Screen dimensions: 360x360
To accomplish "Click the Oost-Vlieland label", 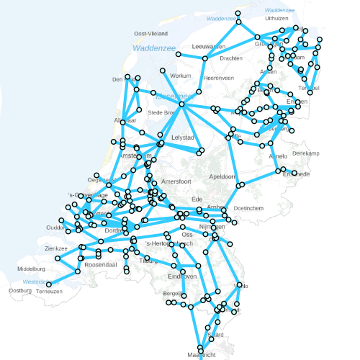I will pyautogui.click(x=151, y=34).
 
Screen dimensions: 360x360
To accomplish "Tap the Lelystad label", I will pyautogui.click(x=183, y=137).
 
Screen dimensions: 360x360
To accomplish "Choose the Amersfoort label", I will pyautogui.click(x=177, y=182).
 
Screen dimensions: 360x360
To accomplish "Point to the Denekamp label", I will pyautogui.click(x=305, y=153).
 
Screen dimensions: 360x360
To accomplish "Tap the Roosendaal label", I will pyautogui.click(x=101, y=265).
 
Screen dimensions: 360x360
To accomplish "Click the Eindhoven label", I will pyautogui.click(x=182, y=276).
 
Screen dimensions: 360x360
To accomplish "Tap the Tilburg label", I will pyautogui.click(x=148, y=261).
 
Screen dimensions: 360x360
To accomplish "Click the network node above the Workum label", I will pyautogui.click(x=163, y=70).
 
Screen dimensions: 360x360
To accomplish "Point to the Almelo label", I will pyautogui.click(x=277, y=156).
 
